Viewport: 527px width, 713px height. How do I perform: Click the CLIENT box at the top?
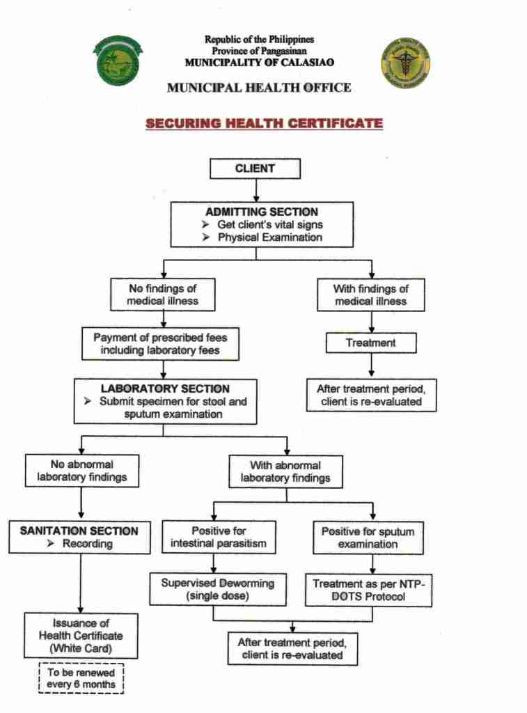255,169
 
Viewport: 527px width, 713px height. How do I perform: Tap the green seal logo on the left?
118,61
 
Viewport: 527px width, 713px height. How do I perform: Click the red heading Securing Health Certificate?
264,124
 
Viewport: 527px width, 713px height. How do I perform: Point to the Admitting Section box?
262,224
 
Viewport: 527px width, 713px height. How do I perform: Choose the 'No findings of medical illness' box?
162,295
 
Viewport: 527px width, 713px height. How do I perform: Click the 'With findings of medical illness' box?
370,295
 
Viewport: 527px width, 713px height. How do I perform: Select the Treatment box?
370,343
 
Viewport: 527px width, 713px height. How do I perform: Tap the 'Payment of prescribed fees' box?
160,344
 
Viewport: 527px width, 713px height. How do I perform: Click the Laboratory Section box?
165,401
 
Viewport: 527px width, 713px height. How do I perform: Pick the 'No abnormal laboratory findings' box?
81,471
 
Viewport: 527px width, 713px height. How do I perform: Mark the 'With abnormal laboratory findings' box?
285,471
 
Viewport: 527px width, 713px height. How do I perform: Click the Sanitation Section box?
79,537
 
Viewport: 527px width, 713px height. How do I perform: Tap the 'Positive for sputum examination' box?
368,537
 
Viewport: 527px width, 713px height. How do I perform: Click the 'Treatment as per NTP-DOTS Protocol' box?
368,590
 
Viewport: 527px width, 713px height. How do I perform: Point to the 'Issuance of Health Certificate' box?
81,635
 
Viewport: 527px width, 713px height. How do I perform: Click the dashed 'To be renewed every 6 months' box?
81,679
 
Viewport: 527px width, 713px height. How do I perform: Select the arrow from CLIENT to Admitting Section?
256,190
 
